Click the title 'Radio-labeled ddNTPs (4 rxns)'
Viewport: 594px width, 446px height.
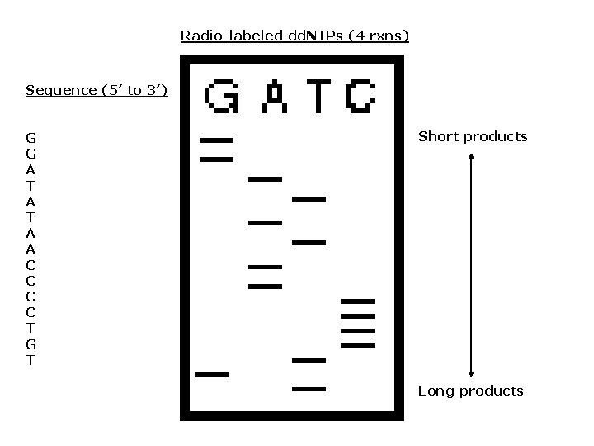click(295, 36)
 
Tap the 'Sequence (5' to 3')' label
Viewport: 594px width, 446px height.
click(97, 90)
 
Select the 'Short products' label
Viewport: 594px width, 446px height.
click(473, 136)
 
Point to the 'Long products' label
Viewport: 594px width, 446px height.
click(470, 391)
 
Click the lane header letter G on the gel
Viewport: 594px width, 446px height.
click(222, 97)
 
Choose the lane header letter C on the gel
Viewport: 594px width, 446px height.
click(360, 97)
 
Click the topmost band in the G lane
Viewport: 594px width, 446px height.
click(216, 140)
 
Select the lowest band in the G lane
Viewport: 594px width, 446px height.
click(211, 375)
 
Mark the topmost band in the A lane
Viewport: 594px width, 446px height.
click(266, 178)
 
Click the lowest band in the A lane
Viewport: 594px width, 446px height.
click(266, 286)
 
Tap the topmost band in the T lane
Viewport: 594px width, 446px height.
click(309, 199)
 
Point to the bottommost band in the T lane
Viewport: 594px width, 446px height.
click(309, 388)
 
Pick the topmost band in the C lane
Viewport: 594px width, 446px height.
click(357, 301)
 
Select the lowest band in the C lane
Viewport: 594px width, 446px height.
click(357, 345)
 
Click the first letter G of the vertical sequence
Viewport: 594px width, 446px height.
click(31, 137)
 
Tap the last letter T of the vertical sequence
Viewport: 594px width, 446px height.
click(31, 361)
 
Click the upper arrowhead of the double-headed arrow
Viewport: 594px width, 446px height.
click(471, 158)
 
